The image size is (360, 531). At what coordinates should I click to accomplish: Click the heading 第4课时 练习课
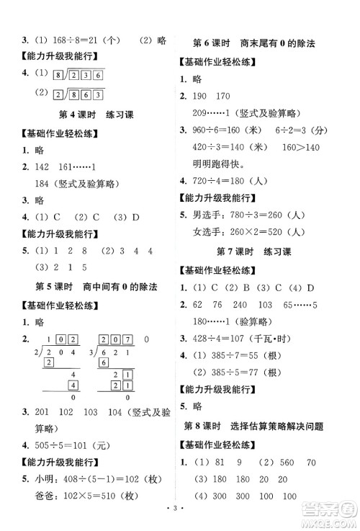(x=90, y=115)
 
